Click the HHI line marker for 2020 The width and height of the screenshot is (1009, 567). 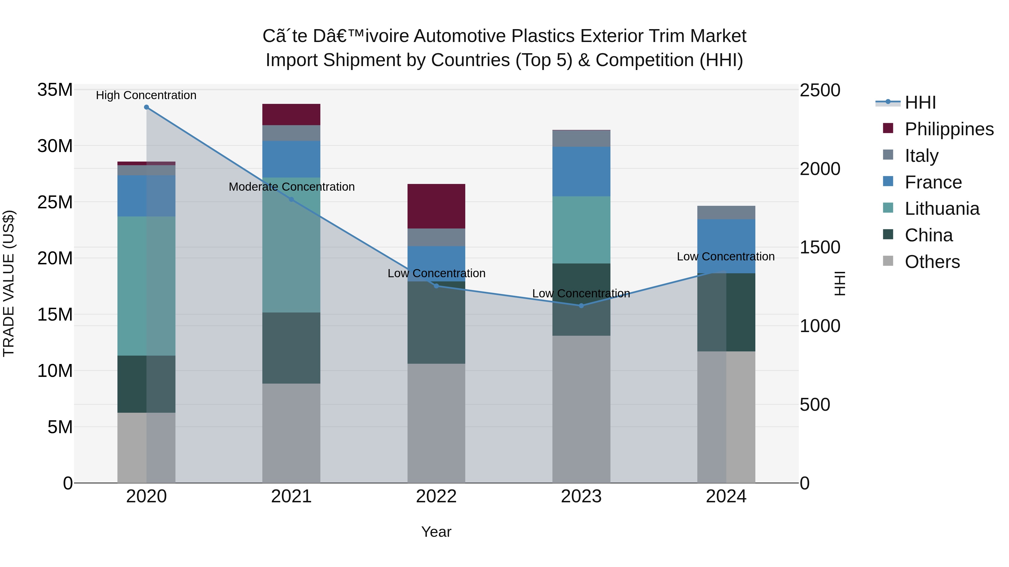pos(147,107)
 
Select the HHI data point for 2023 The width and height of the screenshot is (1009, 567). pos(581,305)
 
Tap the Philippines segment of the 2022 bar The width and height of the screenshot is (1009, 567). pos(436,206)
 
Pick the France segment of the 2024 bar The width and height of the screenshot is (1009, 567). pos(726,246)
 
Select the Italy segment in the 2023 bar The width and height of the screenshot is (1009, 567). pos(581,139)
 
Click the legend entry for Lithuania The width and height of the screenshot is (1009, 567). pos(942,209)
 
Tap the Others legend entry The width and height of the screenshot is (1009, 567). pos(932,262)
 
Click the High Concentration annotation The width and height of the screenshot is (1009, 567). pos(146,95)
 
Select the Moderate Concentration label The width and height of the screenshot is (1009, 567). pos(291,187)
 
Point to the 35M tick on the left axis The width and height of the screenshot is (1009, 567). pos(55,90)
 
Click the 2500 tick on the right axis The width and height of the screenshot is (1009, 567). pos(820,90)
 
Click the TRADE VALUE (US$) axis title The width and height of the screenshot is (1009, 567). pos(9,283)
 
